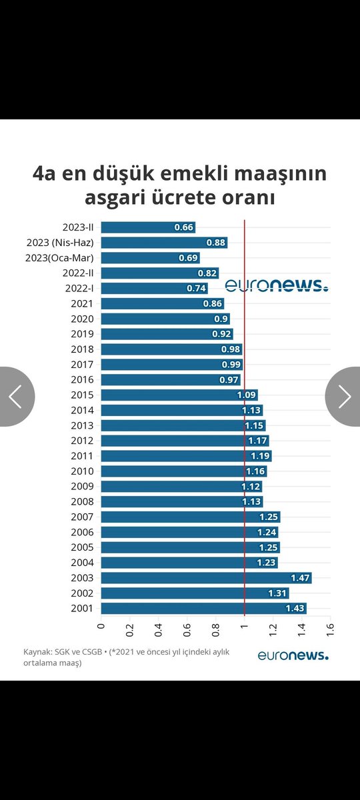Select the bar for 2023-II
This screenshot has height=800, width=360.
click(148, 227)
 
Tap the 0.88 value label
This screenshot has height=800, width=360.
click(215, 243)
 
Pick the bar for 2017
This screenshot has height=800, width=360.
click(171, 365)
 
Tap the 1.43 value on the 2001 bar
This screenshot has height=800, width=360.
click(295, 609)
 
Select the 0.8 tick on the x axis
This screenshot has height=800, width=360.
click(215, 631)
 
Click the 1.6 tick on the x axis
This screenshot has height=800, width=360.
click(330, 631)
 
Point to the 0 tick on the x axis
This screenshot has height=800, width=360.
click(101, 627)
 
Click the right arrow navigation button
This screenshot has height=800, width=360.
click(343, 397)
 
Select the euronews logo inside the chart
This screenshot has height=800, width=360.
click(276, 285)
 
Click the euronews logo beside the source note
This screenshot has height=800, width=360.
click(293, 655)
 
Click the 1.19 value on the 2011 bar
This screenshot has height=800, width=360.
click(261, 456)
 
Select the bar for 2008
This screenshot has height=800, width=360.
click(181, 501)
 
